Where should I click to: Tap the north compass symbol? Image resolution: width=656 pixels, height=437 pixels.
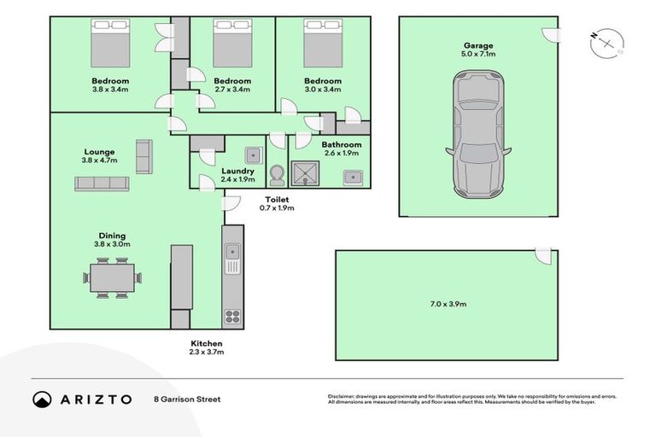coord(607,41)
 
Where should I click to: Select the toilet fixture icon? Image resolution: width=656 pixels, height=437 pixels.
coord(277,174)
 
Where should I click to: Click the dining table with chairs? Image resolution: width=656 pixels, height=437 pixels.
coord(111,278)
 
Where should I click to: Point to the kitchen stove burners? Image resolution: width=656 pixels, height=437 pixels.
coord(232,316)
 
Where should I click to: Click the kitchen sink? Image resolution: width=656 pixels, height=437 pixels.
coord(232,252)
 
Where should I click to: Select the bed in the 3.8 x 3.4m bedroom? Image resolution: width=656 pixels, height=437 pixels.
coord(109,40)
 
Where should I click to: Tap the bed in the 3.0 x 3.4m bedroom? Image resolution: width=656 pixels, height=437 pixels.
coord(322,40)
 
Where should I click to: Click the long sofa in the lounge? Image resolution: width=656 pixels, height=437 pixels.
coord(102,183)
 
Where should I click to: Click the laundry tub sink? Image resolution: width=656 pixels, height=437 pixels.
coord(253,154)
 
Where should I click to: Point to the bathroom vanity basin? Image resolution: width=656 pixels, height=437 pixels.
coord(354,177)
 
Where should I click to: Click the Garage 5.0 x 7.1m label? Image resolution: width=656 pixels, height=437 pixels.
coord(477,50)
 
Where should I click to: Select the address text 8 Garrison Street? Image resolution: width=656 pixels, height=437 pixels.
coord(187,399)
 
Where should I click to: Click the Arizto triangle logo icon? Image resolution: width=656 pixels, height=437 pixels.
coord(42,399)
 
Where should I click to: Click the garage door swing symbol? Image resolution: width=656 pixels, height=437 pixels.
coord(551,33)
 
